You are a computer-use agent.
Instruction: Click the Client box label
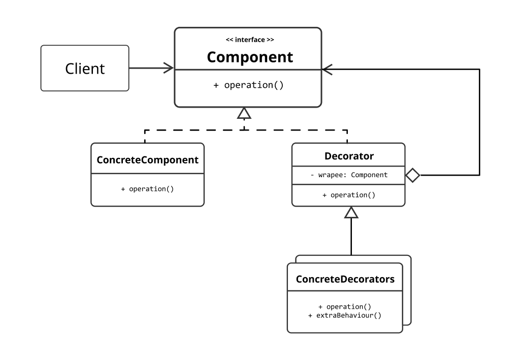pos(85,69)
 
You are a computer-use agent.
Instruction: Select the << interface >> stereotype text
pos(250,40)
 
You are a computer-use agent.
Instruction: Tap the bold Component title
pos(250,57)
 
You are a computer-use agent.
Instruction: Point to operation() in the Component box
pos(254,85)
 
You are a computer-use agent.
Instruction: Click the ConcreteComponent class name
pos(148,160)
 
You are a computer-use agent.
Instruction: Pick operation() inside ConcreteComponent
pos(151,189)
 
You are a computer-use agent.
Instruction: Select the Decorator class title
pos(349,156)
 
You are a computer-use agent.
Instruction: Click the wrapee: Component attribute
pos(352,175)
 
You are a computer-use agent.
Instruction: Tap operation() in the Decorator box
pos(353,195)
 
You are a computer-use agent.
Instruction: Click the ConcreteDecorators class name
pos(345,279)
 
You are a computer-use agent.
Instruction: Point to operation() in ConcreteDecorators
pos(348,307)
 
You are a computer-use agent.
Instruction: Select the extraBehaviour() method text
pos(348,315)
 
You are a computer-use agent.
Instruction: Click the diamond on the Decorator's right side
pos(412,175)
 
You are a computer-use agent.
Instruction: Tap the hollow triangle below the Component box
pos(244,113)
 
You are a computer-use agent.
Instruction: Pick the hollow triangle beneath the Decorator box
pos(351,212)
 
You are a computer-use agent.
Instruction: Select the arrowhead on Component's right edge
pos(327,69)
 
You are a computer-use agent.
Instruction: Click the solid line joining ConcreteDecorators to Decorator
pos(351,237)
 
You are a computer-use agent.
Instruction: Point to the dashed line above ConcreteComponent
pos(194,130)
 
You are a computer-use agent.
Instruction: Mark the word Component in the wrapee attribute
pos(369,175)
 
